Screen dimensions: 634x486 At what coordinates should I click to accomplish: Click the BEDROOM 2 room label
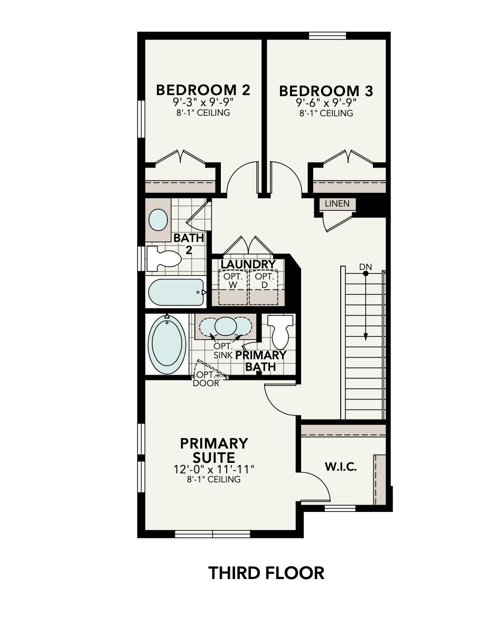click(203, 90)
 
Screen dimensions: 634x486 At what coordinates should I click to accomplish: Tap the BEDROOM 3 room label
click(326, 91)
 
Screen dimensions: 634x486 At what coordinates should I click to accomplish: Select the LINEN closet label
click(337, 203)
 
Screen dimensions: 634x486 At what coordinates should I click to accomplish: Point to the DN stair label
click(366, 267)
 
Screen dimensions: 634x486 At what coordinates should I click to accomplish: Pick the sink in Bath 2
click(158, 220)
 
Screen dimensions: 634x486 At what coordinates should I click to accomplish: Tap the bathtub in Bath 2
click(176, 292)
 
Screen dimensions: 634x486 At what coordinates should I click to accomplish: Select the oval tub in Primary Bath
click(167, 344)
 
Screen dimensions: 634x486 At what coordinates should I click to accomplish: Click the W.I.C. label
click(340, 467)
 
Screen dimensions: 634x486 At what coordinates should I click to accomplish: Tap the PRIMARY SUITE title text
click(214, 450)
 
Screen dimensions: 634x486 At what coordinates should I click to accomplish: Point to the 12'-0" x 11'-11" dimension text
click(214, 469)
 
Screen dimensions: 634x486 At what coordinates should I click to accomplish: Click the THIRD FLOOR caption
click(266, 573)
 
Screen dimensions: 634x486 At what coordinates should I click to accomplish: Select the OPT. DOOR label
click(206, 379)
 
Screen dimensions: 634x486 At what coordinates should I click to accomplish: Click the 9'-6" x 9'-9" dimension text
click(326, 103)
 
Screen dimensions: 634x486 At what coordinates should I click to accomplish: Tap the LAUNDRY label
click(248, 264)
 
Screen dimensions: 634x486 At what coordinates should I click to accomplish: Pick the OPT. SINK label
click(223, 350)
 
